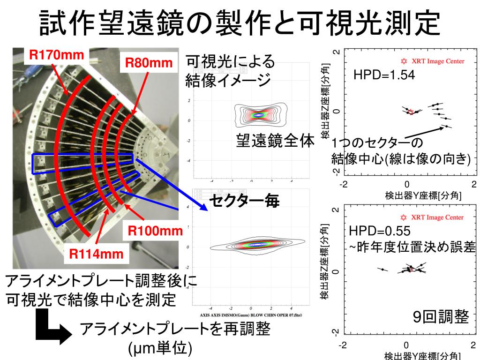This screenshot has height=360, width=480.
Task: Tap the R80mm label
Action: pos(149,62)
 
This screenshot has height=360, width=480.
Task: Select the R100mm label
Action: pos(155,231)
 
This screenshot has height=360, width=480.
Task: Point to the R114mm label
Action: pos(97,254)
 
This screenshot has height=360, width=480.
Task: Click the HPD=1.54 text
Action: pos(384,75)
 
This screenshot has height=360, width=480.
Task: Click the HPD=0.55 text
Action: pos(380,231)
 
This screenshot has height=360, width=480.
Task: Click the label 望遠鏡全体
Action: pos(275,141)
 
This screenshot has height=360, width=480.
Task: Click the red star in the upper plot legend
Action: pos(404,61)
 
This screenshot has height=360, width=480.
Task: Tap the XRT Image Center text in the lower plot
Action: pos(438,217)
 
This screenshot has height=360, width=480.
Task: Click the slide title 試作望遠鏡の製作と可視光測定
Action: pos(240,23)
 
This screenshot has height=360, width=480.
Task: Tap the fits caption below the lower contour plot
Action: pos(251,315)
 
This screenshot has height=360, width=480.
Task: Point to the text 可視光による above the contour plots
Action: pos(230,61)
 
